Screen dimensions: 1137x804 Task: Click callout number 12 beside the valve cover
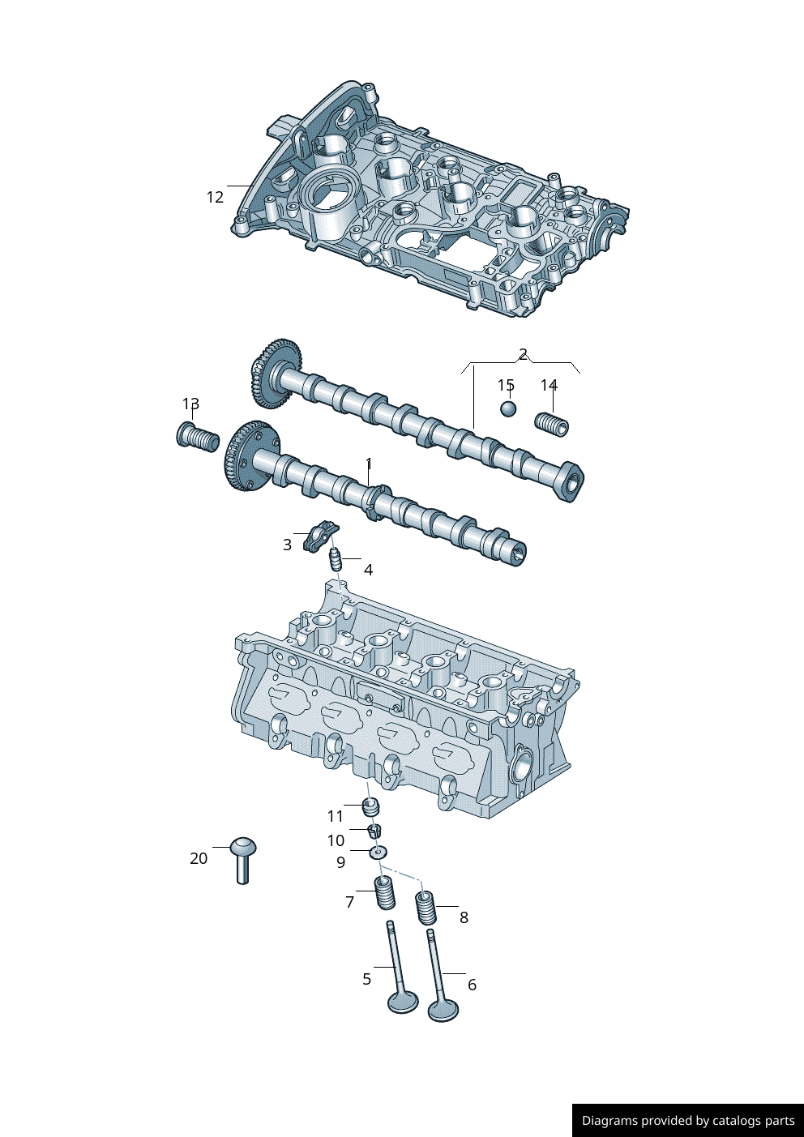[215, 197]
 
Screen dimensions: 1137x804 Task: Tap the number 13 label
[190, 404]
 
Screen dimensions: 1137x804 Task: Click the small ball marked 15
[507, 408]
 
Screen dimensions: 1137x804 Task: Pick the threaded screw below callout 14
[552, 424]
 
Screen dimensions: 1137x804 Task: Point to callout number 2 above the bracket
[523, 354]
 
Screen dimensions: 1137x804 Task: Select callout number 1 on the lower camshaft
[369, 464]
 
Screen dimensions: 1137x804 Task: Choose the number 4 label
[368, 570]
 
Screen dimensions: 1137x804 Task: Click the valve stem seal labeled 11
[370, 807]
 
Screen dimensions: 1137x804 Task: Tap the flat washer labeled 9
[378, 852]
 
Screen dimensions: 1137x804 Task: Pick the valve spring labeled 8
[426, 907]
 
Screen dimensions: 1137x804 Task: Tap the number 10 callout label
[336, 840]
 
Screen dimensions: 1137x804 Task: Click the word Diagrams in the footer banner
[609, 1121]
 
